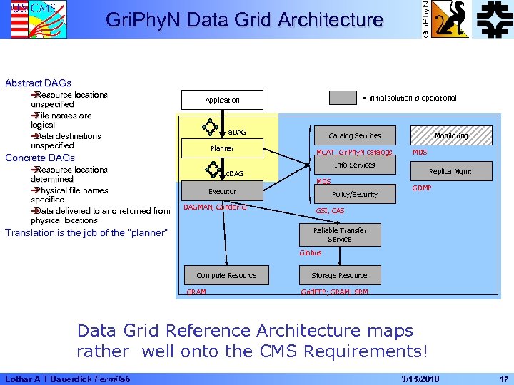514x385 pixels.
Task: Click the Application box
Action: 222,100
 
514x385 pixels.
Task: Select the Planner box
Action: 222,148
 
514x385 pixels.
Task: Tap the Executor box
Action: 222,191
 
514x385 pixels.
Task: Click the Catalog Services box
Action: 355,135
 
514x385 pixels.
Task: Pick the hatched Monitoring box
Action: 451,135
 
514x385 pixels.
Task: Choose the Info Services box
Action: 355,165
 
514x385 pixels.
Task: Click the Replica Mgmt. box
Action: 451,171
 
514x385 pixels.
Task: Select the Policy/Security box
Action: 355,194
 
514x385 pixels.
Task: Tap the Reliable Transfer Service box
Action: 340,235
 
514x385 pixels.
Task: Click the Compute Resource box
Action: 226,275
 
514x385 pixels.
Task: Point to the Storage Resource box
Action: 340,275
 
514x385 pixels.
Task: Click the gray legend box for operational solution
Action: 343,98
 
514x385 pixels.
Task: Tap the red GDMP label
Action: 423,188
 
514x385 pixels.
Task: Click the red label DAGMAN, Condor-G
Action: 215,207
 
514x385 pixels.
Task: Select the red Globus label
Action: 311,252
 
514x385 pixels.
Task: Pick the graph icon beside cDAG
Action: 213,170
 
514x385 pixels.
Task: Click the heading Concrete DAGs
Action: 40,158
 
